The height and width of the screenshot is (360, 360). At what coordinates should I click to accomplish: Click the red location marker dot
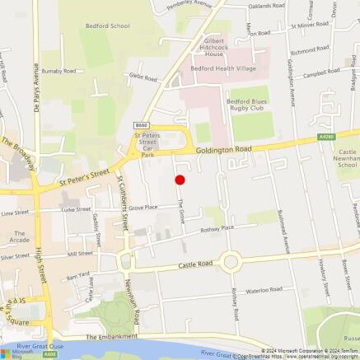point(180,180)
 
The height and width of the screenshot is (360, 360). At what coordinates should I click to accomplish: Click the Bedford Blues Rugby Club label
point(245,106)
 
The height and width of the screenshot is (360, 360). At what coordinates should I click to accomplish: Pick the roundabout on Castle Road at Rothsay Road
point(230,262)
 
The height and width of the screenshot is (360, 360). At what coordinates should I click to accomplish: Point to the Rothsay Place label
point(217,228)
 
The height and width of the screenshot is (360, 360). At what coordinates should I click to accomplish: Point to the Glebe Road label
point(143,77)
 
